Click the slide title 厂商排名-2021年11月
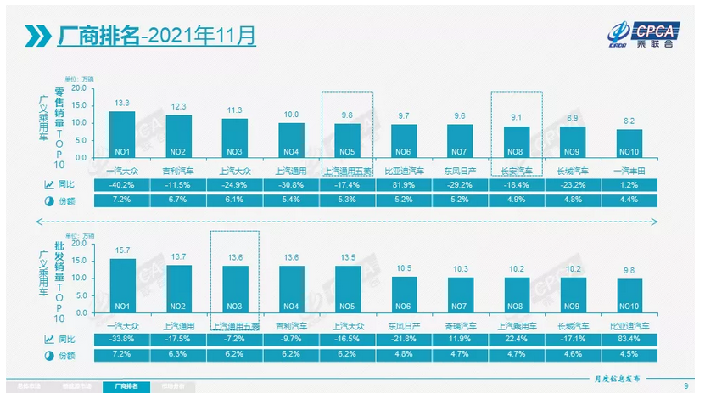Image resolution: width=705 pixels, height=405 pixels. tap(156, 36)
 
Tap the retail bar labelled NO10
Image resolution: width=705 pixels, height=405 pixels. tap(629, 143)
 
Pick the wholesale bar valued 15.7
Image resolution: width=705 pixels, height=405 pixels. tap(122, 285)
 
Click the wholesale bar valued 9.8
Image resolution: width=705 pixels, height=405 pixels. tap(629, 295)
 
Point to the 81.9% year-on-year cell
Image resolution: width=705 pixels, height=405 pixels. tap(404, 184)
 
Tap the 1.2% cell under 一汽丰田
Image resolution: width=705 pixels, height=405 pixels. tap(629, 184)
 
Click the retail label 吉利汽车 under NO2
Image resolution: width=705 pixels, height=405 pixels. tap(178, 171)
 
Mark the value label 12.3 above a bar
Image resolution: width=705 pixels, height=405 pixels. tap(178, 107)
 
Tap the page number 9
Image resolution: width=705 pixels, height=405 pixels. tap(685, 387)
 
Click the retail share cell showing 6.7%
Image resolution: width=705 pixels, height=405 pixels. tap(178, 200)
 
